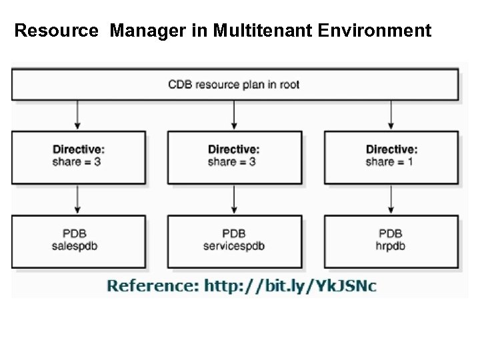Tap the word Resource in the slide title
coord(58,31)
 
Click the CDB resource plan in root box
coord(234,85)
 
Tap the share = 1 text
coord(391,161)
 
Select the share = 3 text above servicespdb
coord(234,161)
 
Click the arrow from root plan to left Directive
coord(79,115)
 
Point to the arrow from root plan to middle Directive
coord(234,115)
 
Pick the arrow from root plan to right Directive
coord(391,115)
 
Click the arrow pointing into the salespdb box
coord(79,199)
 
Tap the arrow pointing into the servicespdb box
coord(234,199)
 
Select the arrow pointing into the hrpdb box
coord(391,199)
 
